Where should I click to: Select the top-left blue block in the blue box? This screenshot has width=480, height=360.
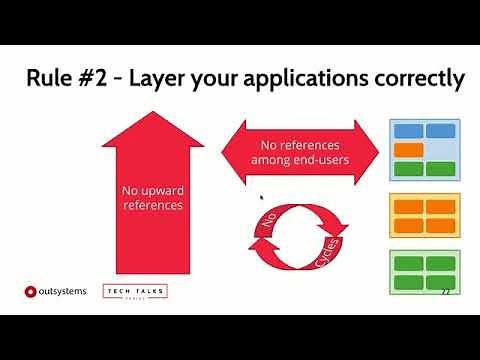[409, 131]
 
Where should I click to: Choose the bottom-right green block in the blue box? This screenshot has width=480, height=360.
[441, 168]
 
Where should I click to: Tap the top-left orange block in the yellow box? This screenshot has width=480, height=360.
[409, 207]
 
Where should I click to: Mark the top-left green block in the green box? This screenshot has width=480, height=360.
[409, 264]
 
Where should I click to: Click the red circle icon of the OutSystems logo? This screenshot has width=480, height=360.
[30, 292]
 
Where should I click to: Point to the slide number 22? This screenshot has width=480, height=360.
[444, 291]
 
